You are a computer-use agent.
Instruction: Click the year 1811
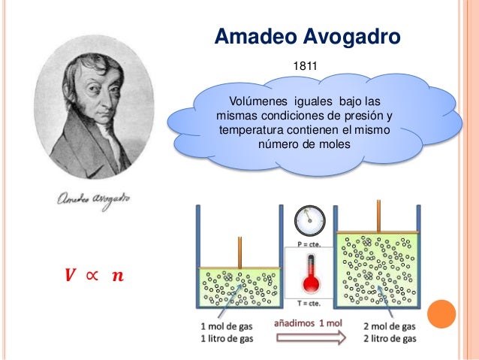point(305,67)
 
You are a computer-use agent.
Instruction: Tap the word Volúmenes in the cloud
point(260,101)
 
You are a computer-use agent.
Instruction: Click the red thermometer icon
point(309,275)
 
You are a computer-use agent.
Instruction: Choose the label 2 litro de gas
point(387,339)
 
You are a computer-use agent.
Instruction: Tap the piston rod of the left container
point(239,253)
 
